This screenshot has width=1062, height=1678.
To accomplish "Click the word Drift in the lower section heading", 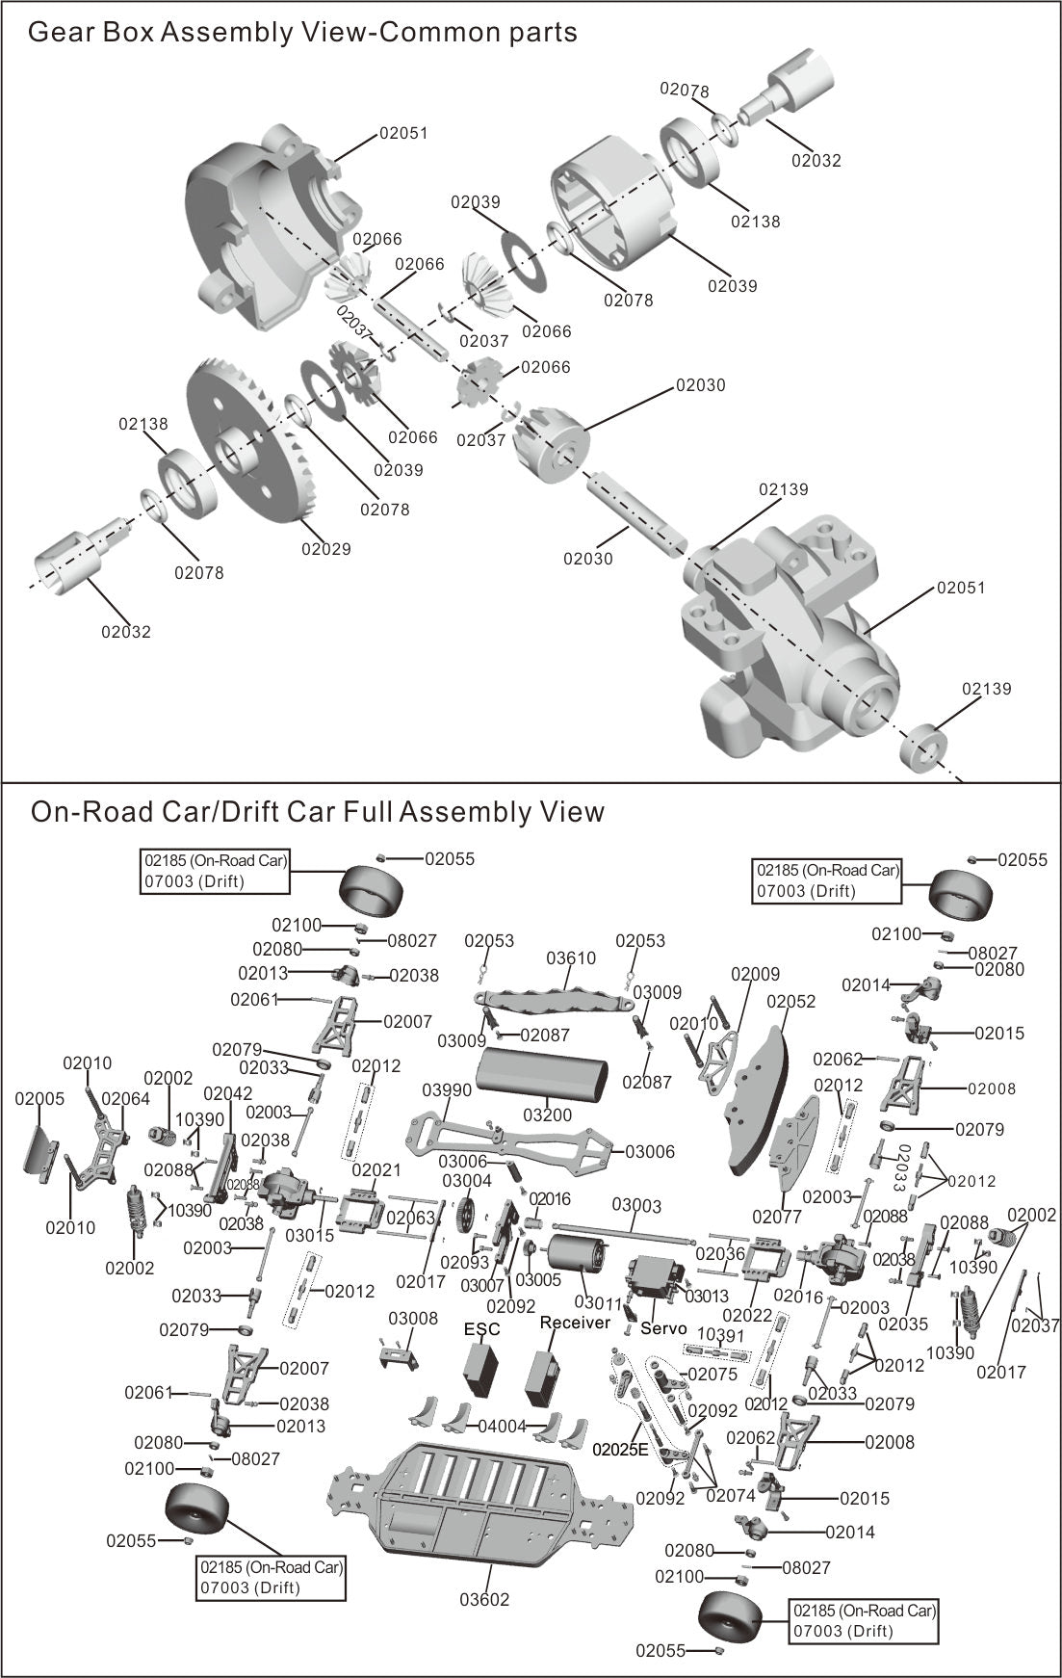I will [x=249, y=812].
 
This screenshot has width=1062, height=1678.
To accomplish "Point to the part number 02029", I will [x=326, y=549].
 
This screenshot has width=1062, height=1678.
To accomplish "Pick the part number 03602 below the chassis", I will [x=484, y=1600].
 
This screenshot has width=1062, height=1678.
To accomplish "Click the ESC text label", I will [x=482, y=1329].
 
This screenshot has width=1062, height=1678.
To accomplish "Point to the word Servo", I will [x=663, y=1328].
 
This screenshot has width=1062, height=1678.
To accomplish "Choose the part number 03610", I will [x=571, y=958].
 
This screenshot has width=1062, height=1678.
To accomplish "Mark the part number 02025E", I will [x=622, y=1449].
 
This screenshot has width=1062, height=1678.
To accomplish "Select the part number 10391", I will [x=721, y=1335].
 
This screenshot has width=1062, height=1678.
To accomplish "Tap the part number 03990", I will [x=447, y=1089].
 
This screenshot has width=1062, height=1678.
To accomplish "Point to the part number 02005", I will [x=40, y=1098].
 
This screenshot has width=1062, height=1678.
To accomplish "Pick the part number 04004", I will [x=503, y=1427].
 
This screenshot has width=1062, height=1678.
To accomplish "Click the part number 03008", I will [x=413, y=1319].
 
